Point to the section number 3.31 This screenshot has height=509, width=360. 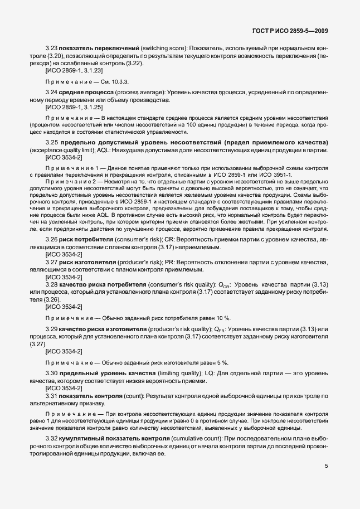[52, 395]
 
